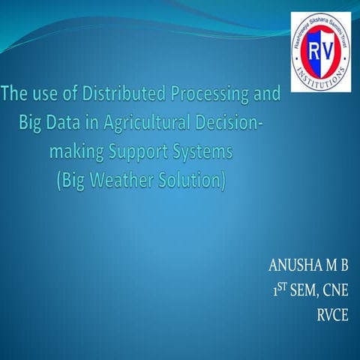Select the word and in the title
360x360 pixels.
[x=264, y=96]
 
